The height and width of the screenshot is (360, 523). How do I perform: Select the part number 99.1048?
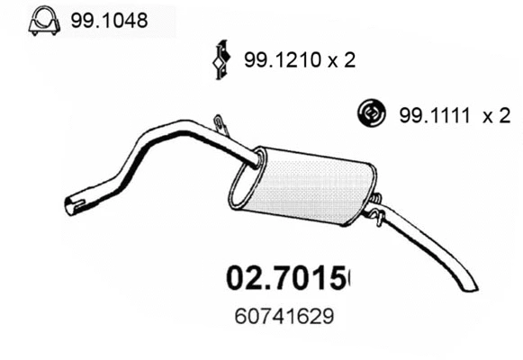(x=102, y=18)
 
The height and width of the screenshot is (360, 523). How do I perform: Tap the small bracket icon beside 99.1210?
(x=217, y=61)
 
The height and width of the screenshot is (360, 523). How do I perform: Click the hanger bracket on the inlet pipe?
(x=219, y=122)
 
